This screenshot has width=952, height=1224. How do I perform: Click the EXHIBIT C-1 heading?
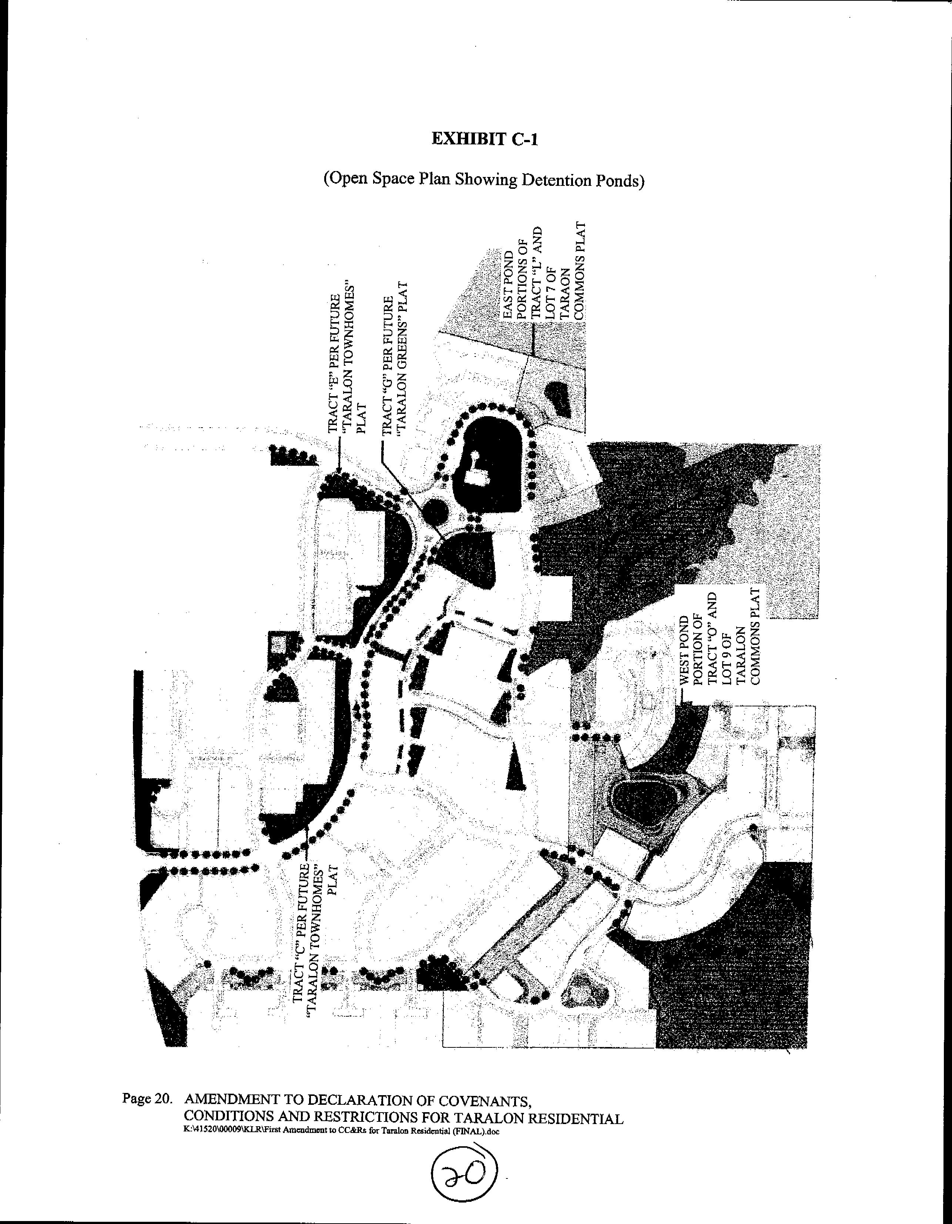coord(484,139)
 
